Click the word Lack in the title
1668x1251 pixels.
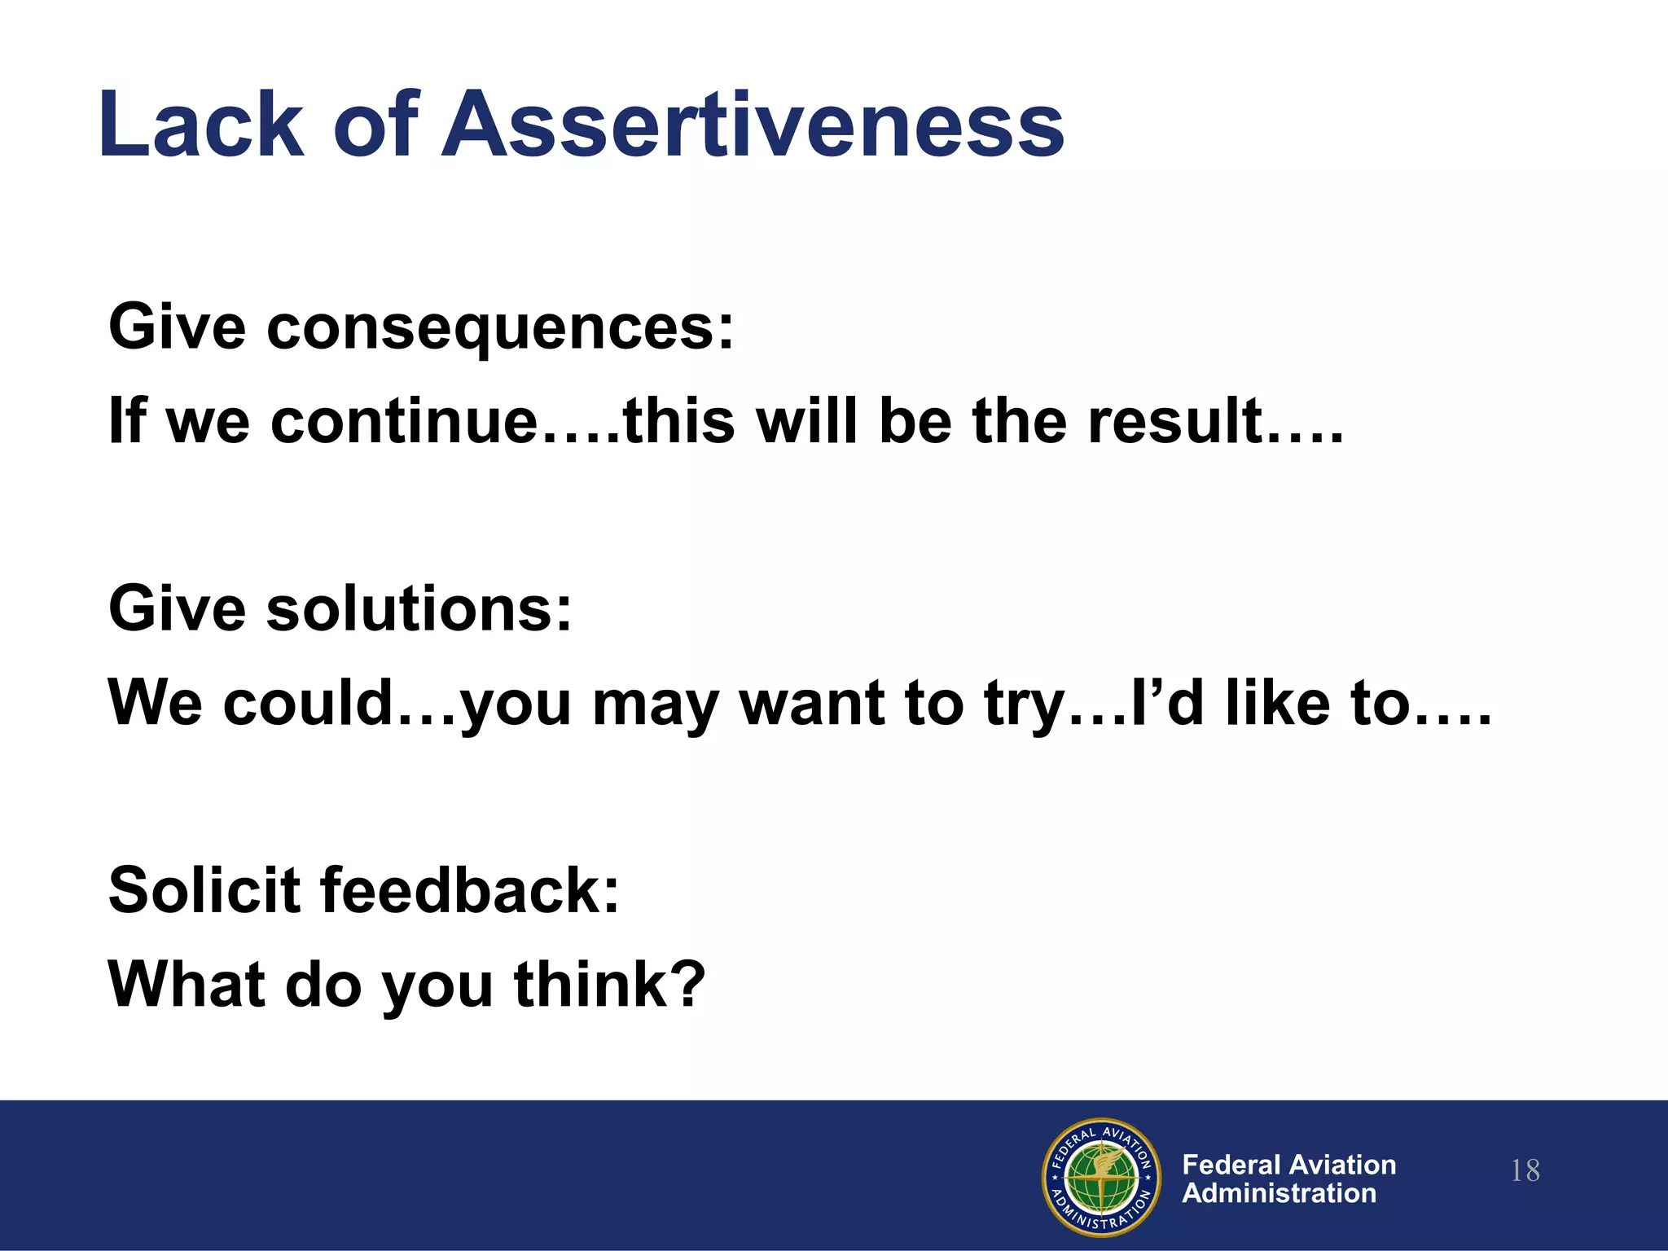point(200,125)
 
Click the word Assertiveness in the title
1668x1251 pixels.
point(753,125)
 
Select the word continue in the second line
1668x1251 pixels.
point(404,422)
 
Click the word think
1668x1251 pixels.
point(591,984)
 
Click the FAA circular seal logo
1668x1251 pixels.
point(1101,1177)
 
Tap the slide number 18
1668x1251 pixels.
point(1525,1171)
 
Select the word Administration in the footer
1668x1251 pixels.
point(1279,1193)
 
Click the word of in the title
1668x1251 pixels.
point(375,125)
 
